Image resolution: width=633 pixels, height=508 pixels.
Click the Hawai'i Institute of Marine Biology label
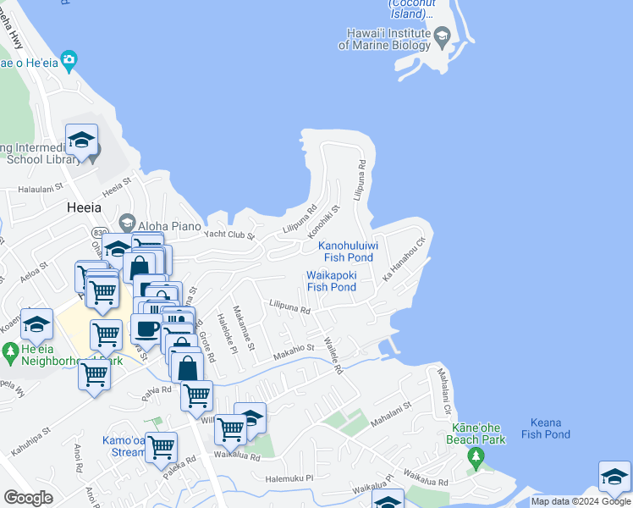pos(385,39)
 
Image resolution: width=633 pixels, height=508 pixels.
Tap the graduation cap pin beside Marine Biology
pos(442,38)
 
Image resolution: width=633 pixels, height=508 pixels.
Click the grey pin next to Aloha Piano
pos(127,223)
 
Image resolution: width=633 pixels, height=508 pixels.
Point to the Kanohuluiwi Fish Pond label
pos(347,251)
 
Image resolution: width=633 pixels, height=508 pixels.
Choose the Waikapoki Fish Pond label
pos(332,281)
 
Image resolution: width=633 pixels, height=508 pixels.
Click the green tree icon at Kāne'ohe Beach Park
pos(476,457)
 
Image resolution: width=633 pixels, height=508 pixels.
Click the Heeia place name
pos(84,207)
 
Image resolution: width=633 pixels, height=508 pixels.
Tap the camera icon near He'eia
pos(69,61)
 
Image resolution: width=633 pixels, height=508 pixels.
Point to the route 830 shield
pos(101,234)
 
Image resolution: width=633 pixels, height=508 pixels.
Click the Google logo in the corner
pos(28,498)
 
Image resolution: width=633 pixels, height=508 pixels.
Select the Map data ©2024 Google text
pos(581,502)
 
